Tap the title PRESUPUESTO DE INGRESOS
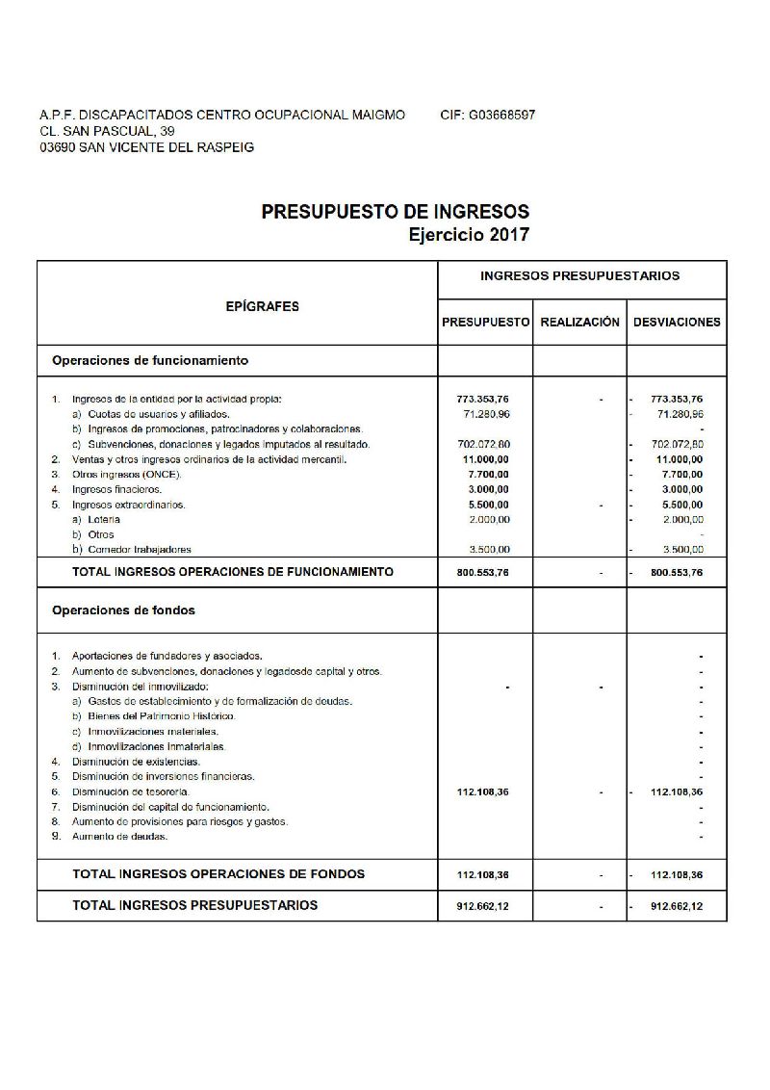(396, 212)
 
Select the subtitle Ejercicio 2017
(469, 234)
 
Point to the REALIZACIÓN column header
(579, 323)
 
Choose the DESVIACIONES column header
(677, 323)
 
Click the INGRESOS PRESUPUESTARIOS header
(579, 275)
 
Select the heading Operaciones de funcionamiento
(150, 361)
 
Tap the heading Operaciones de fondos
(124, 610)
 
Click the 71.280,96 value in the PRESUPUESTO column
(486, 413)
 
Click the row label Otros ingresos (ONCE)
(126, 474)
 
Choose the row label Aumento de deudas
(119, 836)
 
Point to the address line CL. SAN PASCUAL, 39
(107, 131)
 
